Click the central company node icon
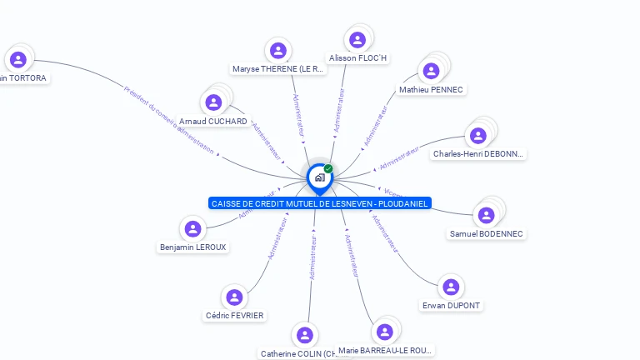tap(319, 177)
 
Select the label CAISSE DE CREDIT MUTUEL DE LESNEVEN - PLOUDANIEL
tap(320, 203)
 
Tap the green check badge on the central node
tap(328, 168)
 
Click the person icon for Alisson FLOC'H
tap(357, 40)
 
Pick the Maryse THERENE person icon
tap(278, 51)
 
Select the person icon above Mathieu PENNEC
tap(431, 71)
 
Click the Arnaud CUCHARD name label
tap(212, 122)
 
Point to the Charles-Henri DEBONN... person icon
tap(477, 136)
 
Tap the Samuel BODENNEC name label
tap(486, 234)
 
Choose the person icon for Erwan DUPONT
tap(451, 287)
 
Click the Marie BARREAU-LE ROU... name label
tap(386, 351)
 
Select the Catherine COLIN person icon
tap(305, 335)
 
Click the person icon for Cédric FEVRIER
tap(234, 297)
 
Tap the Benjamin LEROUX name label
tap(192, 247)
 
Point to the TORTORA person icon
tap(18, 59)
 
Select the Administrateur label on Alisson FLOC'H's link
tap(339, 110)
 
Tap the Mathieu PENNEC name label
tap(431, 90)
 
